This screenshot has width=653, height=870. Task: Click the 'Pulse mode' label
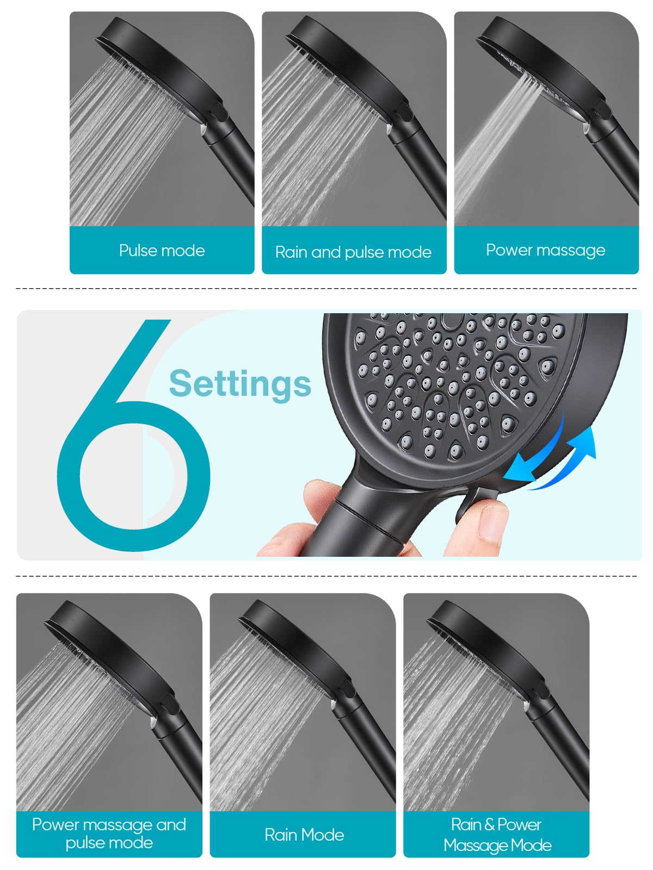[162, 251]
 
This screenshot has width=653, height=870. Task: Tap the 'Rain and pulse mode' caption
[353, 252]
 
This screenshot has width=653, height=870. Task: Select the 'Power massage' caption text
[545, 250]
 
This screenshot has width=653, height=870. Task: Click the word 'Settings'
[240, 383]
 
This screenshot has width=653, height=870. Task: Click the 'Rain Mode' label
[304, 835]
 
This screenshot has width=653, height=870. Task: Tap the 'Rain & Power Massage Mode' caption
[497, 835]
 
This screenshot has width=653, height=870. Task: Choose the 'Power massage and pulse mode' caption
[109, 834]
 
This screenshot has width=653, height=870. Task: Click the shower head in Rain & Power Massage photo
[490, 647]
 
